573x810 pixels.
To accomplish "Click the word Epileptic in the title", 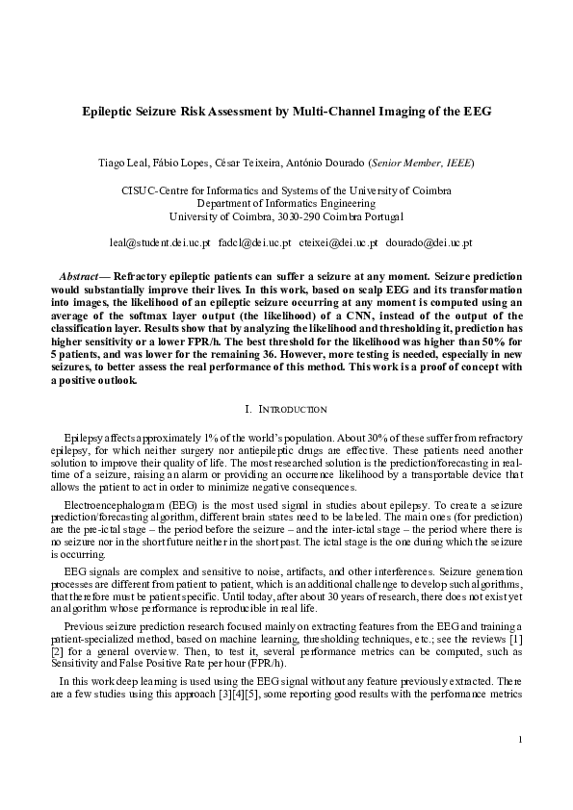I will (110, 112).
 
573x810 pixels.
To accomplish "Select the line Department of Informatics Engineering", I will (286, 204).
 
